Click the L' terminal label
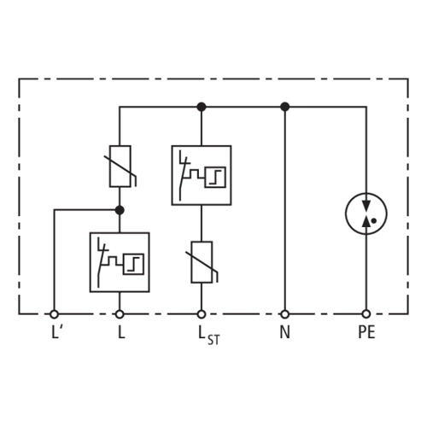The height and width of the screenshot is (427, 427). [56, 332]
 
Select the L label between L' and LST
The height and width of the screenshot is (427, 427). [121, 332]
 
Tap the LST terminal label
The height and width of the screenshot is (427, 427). [209, 335]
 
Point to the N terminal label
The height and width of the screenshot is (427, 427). [285, 332]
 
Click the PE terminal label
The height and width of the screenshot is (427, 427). [366, 332]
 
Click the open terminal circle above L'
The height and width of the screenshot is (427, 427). [54, 314]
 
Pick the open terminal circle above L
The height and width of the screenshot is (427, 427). [120, 314]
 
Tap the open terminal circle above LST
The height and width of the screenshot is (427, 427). [202, 314]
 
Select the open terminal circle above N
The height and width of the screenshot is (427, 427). [285, 314]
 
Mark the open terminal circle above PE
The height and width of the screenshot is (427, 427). [366, 314]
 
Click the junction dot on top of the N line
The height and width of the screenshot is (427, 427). [285, 107]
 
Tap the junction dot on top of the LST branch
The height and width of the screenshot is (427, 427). [202, 107]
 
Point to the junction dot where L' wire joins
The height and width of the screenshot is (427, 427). [120, 210]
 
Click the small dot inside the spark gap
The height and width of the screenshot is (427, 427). [374, 220]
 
